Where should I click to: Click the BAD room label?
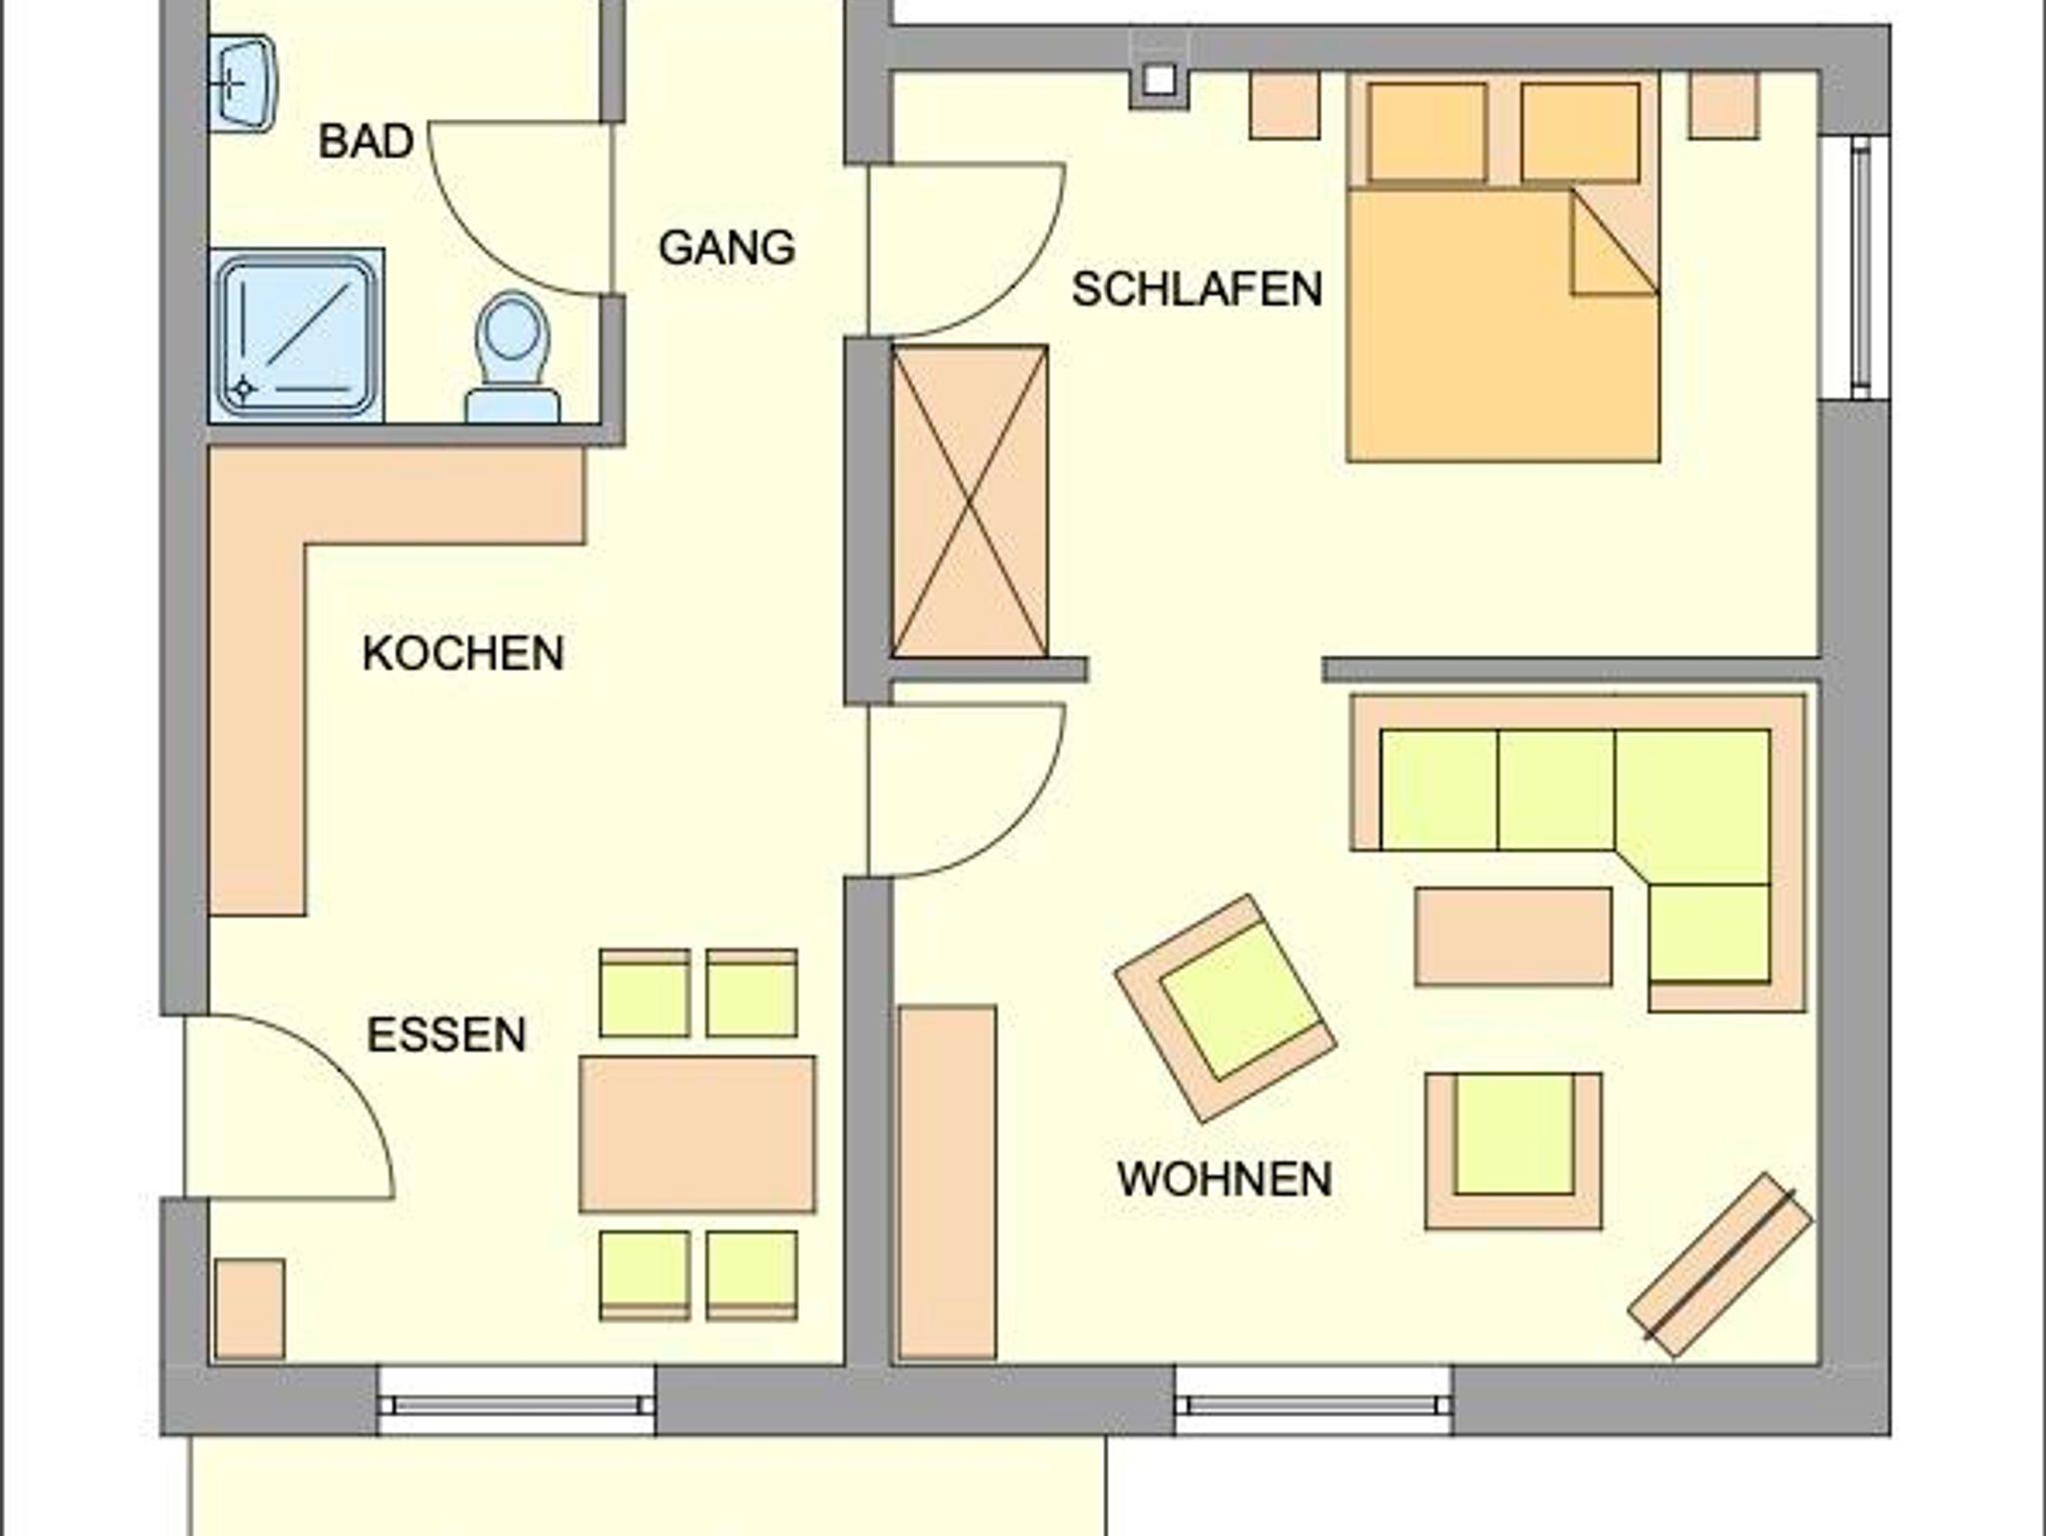(366, 141)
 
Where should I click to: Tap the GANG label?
(726, 247)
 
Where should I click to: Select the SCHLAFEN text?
(1197, 289)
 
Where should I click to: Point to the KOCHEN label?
(463, 653)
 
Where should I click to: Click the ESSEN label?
(446, 1035)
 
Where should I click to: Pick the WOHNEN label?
(1224, 1178)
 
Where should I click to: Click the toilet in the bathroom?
(512, 358)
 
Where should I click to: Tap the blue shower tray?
(297, 336)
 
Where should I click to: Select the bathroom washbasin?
(242, 84)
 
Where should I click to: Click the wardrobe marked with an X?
(969, 501)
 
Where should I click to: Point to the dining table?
(697, 1134)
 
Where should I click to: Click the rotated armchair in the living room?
(1226, 1009)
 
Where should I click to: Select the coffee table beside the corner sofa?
(1513, 936)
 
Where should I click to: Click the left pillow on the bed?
(1427, 132)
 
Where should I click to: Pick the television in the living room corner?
(1720, 1264)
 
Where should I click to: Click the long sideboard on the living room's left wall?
(947, 1182)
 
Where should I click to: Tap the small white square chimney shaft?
(1159, 79)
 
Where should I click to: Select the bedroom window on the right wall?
(1855, 267)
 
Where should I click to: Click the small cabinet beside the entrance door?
(249, 1308)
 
